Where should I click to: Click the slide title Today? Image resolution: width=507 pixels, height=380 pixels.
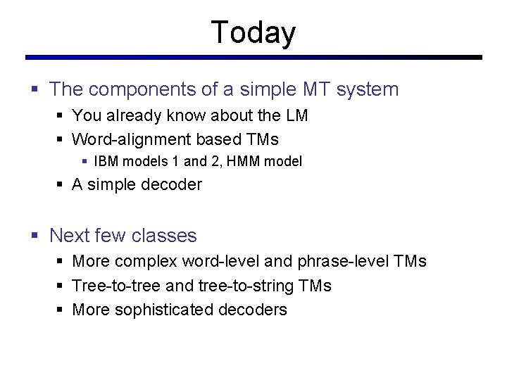[254, 32]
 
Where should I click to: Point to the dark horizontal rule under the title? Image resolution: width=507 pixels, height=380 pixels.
[254, 58]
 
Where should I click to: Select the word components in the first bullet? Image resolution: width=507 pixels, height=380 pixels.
[134, 90]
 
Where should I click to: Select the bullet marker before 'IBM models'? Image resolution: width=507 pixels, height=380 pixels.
[84, 162]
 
